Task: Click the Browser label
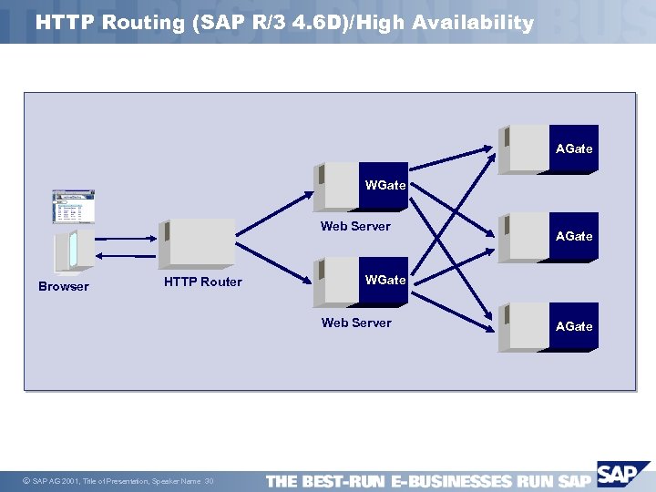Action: pyautogui.click(x=64, y=286)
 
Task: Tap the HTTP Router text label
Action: pyautogui.click(x=202, y=282)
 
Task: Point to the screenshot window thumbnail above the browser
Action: pyautogui.click(x=73, y=207)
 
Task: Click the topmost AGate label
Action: pyautogui.click(x=574, y=149)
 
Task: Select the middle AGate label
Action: pyautogui.click(x=574, y=236)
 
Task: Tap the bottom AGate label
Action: pyautogui.click(x=574, y=326)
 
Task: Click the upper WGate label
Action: pyautogui.click(x=385, y=185)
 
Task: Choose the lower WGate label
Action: pyautogui.click(x=385, y=280)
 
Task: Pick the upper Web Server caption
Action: pyautogui.click(x=355, y=226)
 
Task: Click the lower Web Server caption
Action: pyautogui.click(x=356, y=323)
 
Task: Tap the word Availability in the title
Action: pyautogui.click(x=473, y=23)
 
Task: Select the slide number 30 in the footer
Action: pyautogui.click(x=209, y=481)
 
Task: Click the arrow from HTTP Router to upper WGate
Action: pyautogui.click(x=273, y=214)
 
